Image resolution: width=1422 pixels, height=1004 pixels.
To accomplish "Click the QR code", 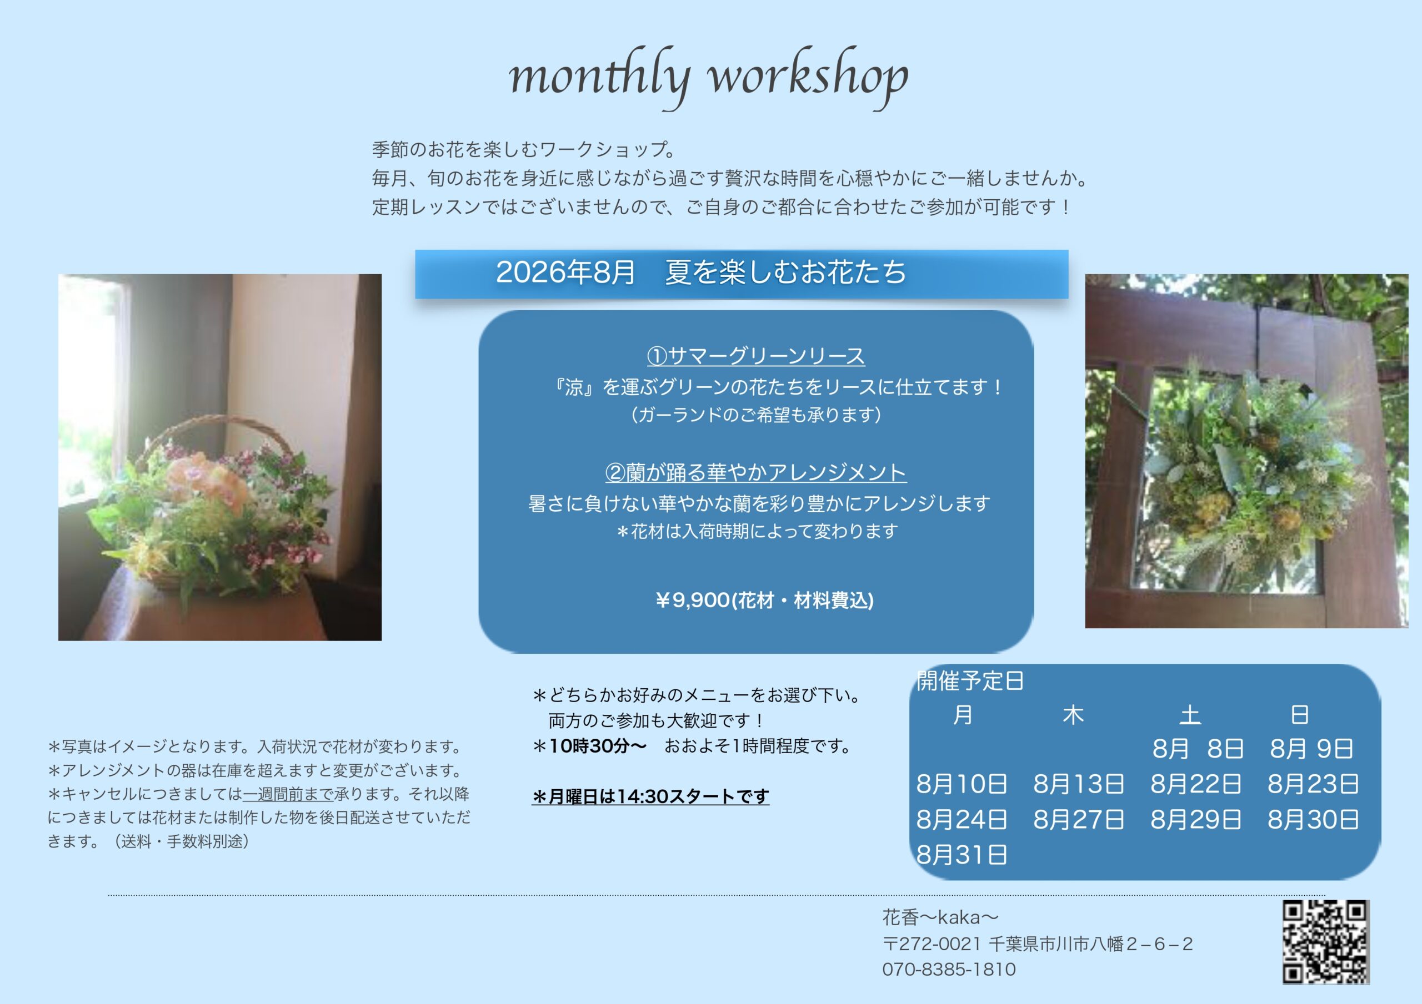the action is click(x=1325, y=942).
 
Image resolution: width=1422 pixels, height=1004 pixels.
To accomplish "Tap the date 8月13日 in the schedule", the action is click(x=1078, y=784).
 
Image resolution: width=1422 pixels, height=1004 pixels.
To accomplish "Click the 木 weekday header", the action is click(x=1073, y=715).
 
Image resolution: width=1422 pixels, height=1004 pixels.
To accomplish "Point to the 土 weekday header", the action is click(x=1190, y=715).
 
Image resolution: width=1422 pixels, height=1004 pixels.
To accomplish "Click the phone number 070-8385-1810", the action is click(x=949, y=970).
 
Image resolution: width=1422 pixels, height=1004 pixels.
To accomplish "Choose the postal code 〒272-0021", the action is click(x=932, y=944).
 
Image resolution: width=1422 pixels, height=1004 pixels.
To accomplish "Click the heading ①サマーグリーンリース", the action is click(x=755, y=356).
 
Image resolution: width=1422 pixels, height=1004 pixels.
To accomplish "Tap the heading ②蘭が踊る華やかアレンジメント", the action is click(x=755, y=472).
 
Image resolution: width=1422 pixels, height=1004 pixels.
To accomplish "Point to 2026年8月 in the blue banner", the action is click(x=565, y=273).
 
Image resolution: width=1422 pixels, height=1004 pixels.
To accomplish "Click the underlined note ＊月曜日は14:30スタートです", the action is click(x=650, y=796).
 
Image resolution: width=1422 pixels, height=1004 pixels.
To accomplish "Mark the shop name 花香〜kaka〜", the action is click(x=940, y=917).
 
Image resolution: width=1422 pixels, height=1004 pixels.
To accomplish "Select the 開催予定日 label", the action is click(x=970, y=681).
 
